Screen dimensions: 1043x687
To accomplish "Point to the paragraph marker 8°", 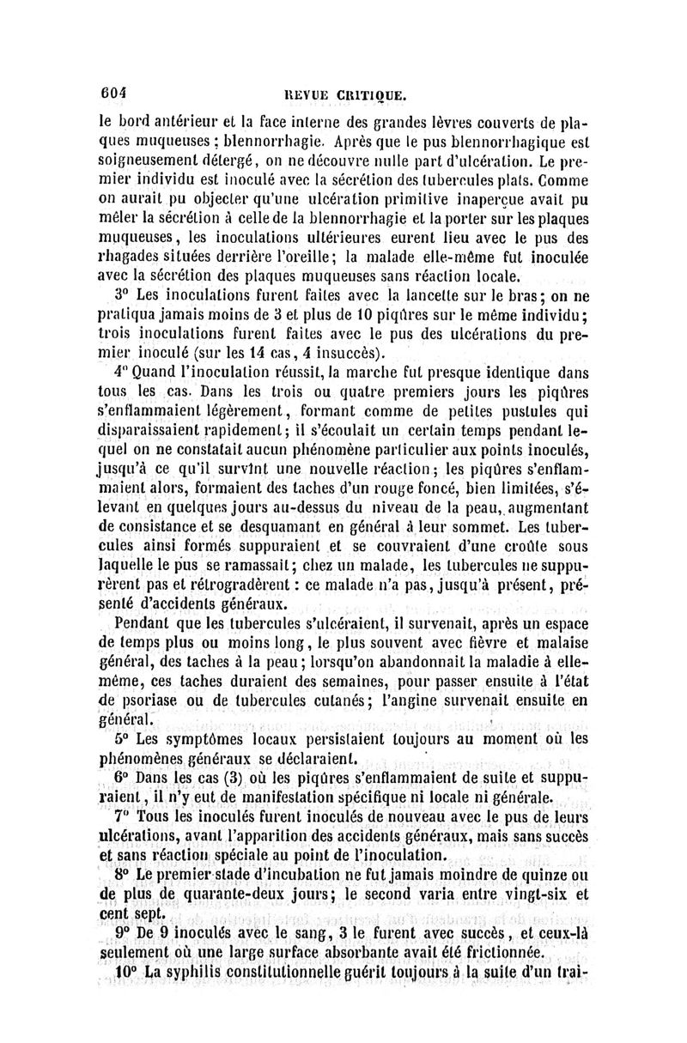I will [x=122, y=876].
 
